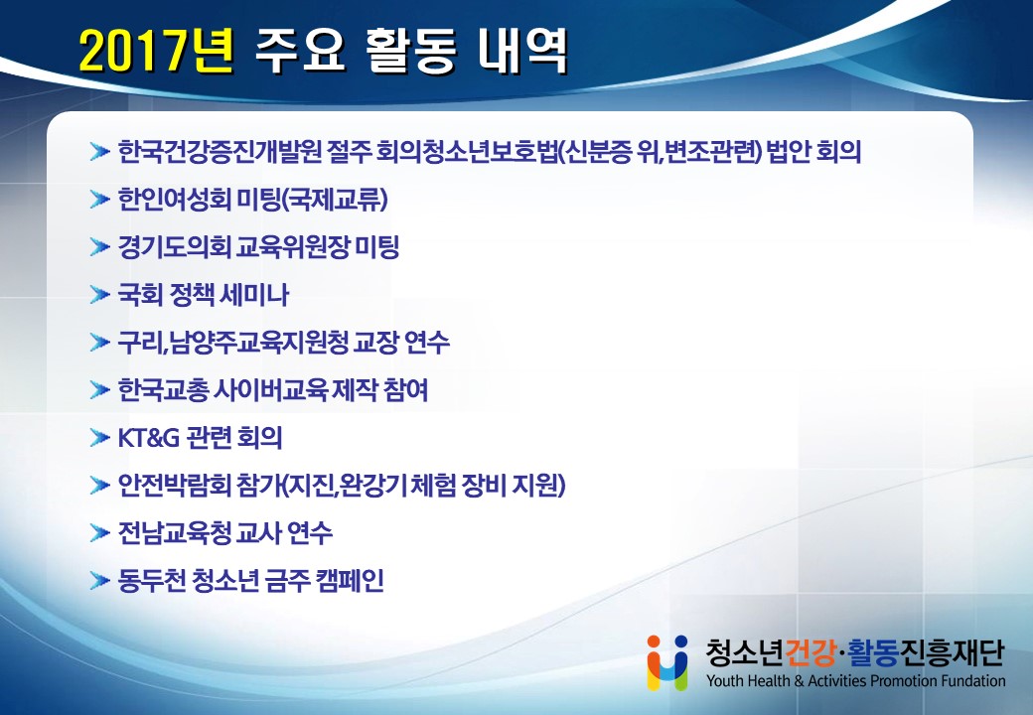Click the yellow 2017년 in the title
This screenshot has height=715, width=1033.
click(156, 51)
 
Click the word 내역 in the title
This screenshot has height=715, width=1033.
click(523, 51)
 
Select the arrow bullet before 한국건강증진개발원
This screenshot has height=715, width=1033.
click(99, 152)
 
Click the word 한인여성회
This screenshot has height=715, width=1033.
click(174, 199)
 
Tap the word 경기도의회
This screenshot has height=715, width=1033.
click(174, 247)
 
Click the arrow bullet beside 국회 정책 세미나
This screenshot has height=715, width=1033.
click(99, 294)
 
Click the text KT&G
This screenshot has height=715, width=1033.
click(148, 438)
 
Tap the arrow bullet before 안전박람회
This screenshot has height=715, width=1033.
click(99, 486)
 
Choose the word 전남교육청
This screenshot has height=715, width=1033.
click(174, 532)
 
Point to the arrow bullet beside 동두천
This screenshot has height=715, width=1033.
click(99, 581)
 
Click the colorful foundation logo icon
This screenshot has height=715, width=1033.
click(667, 662)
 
